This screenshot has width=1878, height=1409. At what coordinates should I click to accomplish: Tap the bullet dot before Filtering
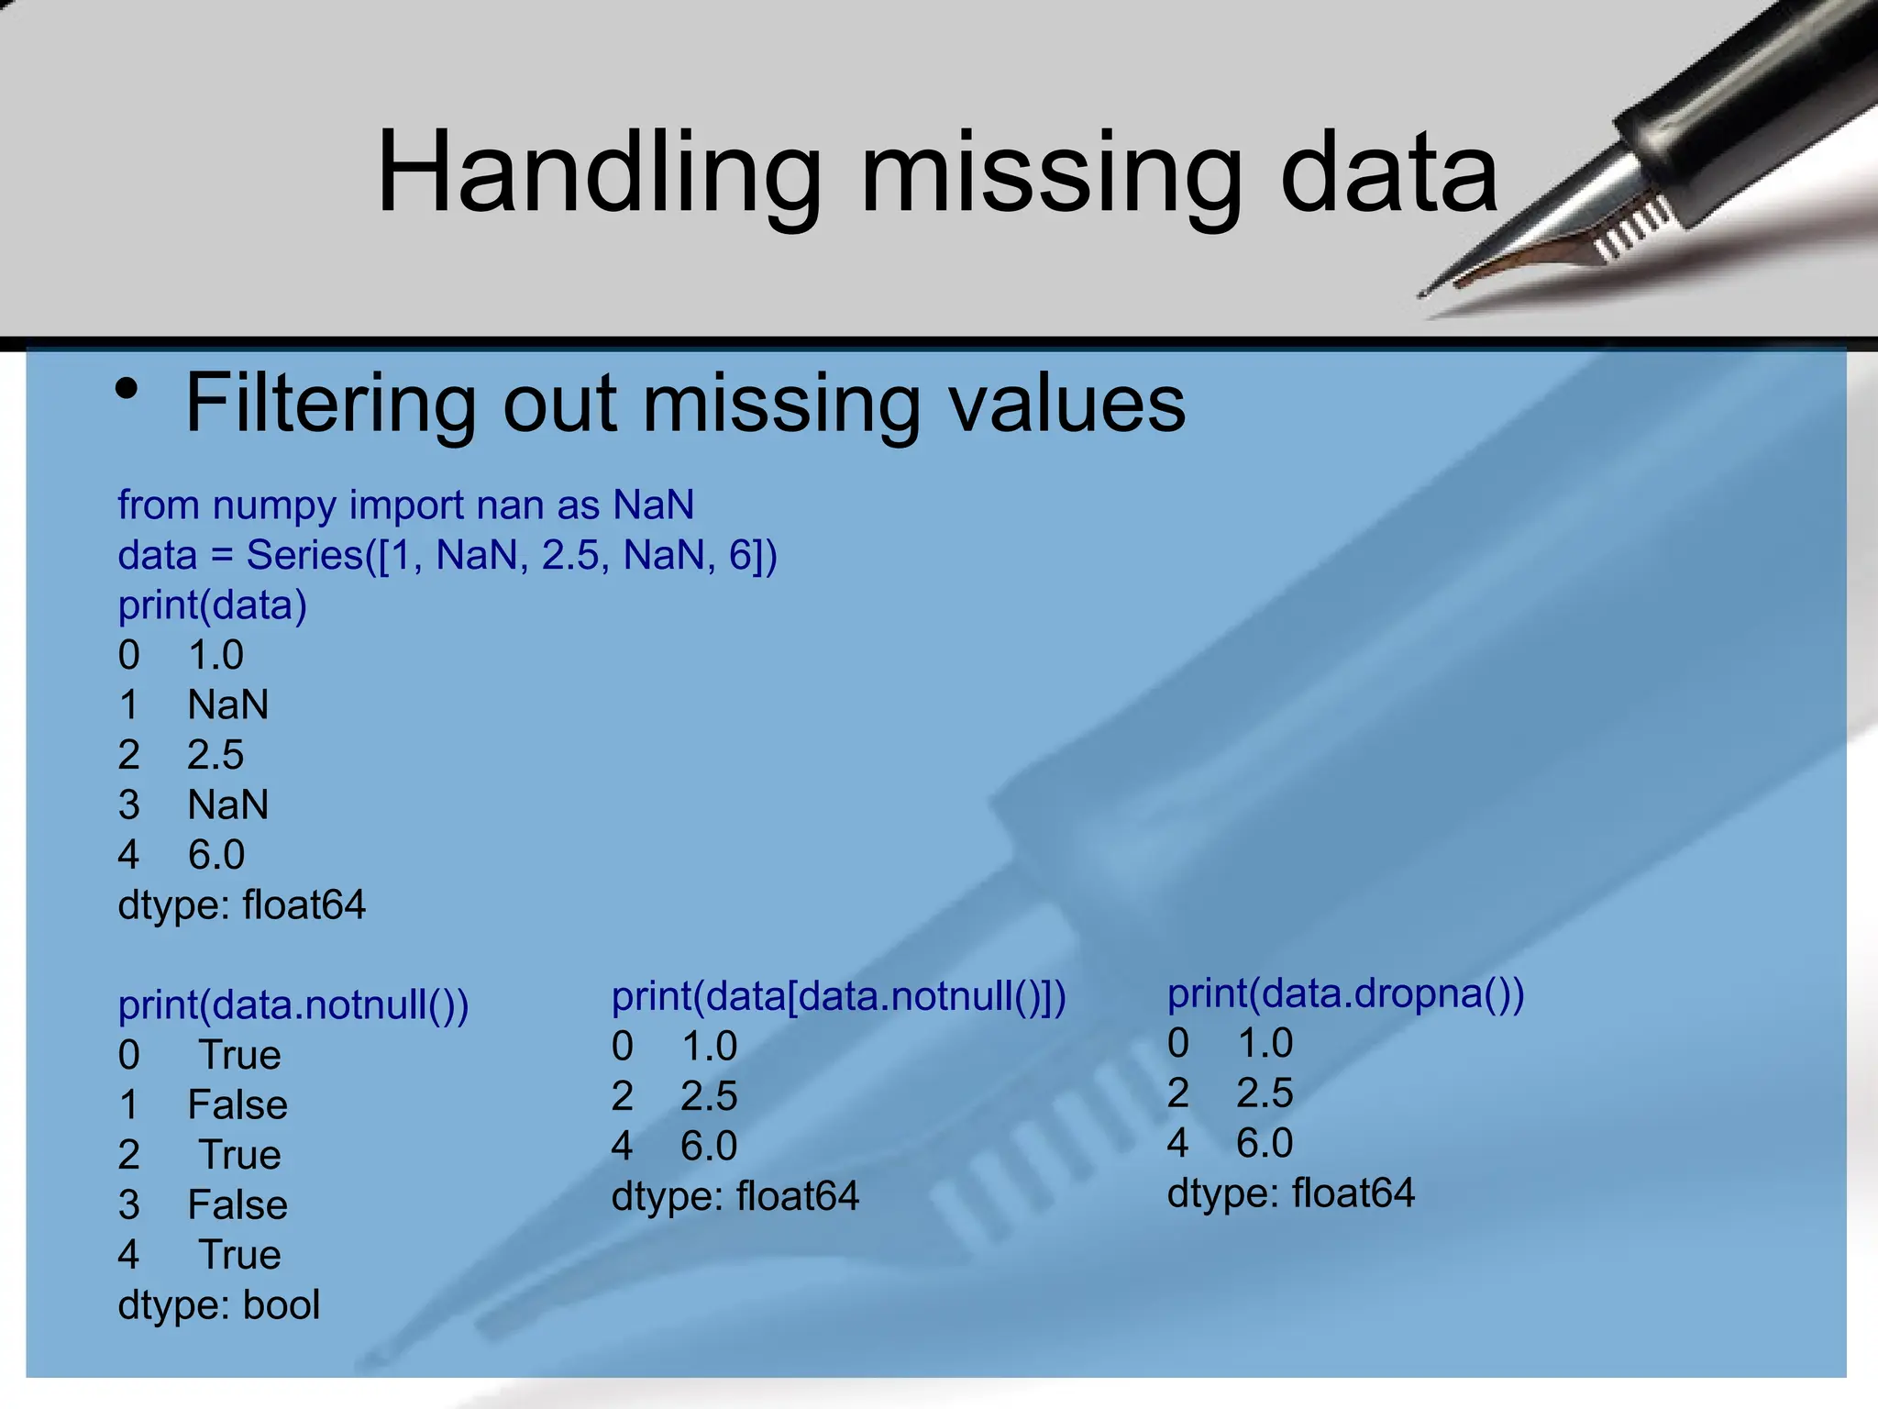point(127,390)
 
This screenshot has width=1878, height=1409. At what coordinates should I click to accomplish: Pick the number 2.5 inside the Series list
point(569,556)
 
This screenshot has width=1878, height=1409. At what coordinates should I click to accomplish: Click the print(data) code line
point(212,605)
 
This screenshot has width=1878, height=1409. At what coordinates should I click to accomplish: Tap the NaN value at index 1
point(228,705)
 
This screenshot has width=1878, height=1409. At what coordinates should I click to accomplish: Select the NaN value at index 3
point(228,805)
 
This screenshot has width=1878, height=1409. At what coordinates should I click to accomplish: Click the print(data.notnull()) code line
point(293,1005)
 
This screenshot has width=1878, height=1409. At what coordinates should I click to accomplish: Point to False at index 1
point(238,1105)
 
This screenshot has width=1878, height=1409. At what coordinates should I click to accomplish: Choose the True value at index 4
point(239,1255)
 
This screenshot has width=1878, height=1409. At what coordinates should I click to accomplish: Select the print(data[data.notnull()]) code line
point(838,997)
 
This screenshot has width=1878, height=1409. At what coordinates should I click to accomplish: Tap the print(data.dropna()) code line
point(1345,993)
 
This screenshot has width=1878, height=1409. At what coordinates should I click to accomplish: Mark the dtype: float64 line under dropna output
point(1291,1193)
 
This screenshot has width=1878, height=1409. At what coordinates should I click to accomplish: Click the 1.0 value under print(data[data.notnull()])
point(709,1047)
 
